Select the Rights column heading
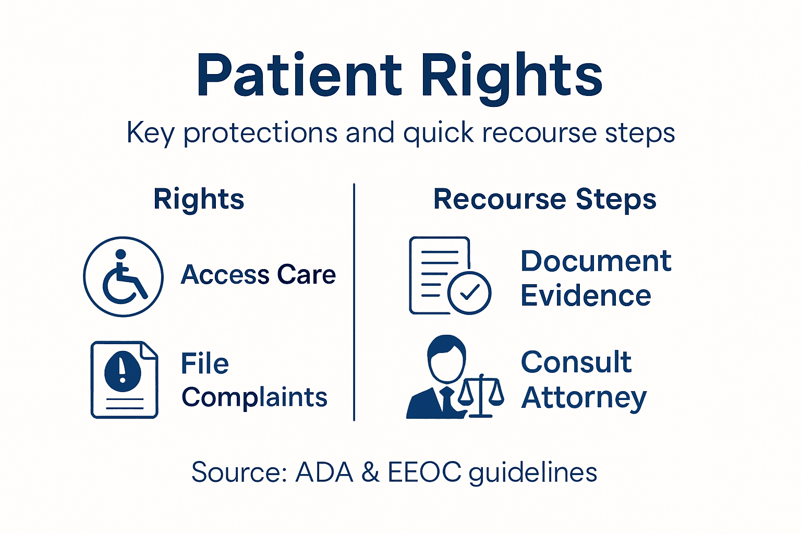point(199,199)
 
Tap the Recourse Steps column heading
point(544,199)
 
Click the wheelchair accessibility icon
point(123,276)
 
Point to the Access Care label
point(258,275)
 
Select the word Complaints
point(254,397)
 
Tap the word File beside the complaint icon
point(204,363)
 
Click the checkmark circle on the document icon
point(469,293)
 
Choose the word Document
point(596,261)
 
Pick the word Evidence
point(586,296)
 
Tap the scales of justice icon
point(481,396)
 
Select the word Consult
point(576,362)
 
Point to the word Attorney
point(584,398)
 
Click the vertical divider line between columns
point(354,302)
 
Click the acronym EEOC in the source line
point(424,472)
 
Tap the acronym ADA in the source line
point(324,472)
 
